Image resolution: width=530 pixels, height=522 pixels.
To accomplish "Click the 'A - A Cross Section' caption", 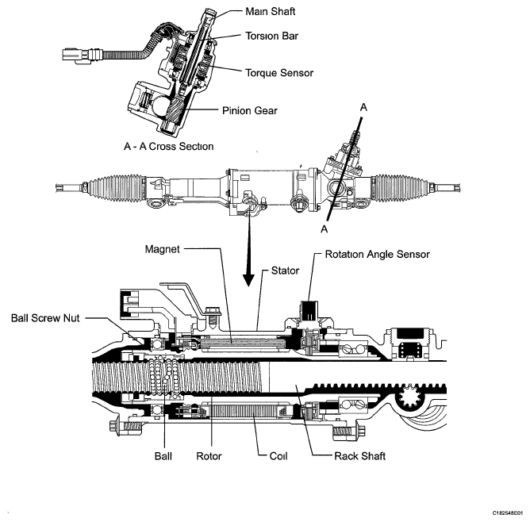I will coord(168,146).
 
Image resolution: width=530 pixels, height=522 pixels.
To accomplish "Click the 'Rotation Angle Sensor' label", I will coord(377,255).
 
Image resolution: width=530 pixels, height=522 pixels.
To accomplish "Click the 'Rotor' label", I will coord(209,456).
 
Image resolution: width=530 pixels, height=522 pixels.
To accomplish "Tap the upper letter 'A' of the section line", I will coord(364,106).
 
